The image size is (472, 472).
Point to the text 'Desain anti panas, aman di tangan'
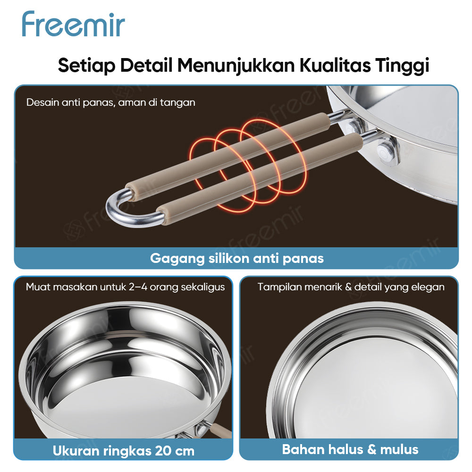pyautogui.click(x=110, y=102)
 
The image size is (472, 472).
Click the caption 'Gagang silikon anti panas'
pyautogui.click(x=236, y=258)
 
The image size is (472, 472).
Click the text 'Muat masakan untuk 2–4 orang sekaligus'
pyautogui.click(x=125, y=287)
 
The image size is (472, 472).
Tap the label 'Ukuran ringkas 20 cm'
pyautogui.click(x=124, y=450)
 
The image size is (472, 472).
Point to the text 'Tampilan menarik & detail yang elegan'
pyautogui.click(x=351, y=287)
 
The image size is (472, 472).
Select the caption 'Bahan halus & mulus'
pyautogui.click(x=350, y=448)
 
